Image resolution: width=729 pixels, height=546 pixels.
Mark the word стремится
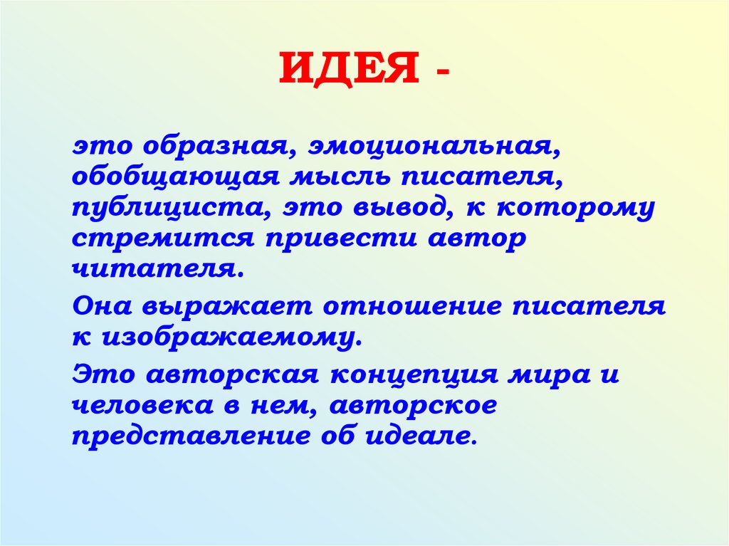(x=162, y=239)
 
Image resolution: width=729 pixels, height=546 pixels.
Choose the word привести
(x=336, y=239)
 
